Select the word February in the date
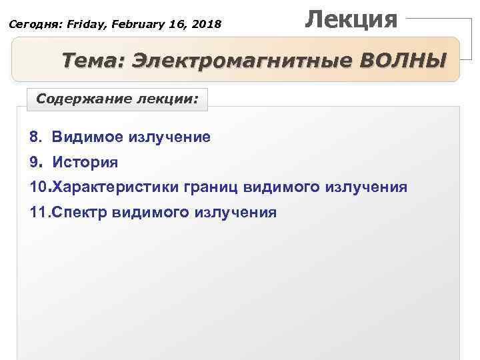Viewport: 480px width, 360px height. point(134,25)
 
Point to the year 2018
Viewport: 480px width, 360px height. point(206,25)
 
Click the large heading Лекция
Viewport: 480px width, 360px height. point(351,18)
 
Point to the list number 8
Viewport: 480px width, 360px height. point(34,137)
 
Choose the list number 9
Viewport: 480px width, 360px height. point(34,162)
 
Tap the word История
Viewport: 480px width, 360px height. point(85,162)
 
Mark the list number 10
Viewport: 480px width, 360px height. point(39,187)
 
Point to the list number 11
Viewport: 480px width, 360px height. point(39,212)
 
